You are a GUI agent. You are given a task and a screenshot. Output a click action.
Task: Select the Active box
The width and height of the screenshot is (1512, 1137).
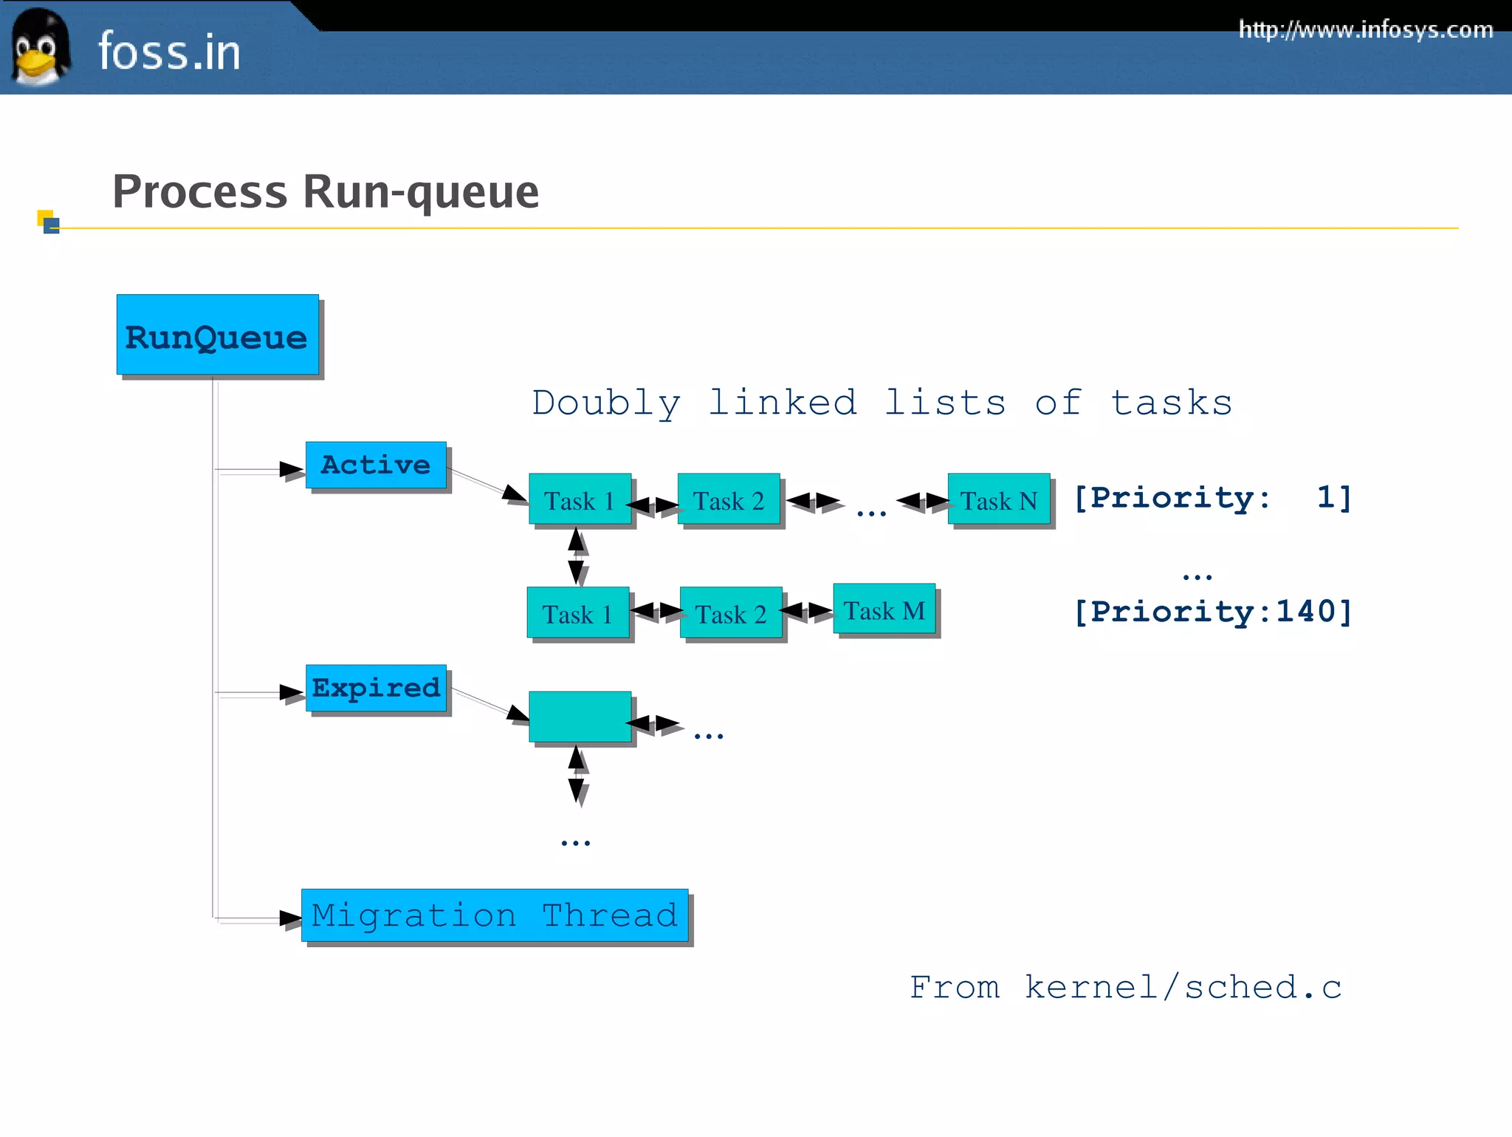[x=376, y=465]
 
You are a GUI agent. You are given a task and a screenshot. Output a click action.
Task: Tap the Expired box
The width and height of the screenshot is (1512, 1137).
[x=376, y=688]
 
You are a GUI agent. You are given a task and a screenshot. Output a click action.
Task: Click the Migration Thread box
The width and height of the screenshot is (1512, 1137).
[x=494, y=915]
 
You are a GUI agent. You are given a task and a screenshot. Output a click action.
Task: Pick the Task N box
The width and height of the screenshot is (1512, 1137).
[x=998, y=499]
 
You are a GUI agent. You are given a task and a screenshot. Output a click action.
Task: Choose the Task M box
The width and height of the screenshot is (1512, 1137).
[x=884, y=610]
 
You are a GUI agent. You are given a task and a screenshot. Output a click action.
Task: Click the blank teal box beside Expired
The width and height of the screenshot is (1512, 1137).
[x=580, y=717]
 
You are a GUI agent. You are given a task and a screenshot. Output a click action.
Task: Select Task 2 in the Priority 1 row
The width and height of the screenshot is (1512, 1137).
[x=728, y=499]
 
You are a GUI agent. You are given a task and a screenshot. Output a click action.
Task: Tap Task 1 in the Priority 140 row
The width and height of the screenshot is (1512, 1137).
[x=577, y=612]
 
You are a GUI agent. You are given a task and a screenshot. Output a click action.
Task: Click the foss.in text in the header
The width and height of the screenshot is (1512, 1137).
[x=169, y=52]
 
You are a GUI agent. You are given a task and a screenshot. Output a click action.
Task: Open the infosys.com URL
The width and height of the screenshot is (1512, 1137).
[x=1365, y=30]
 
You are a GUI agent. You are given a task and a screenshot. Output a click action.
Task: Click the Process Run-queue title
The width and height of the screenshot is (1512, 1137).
[x=326, y=191]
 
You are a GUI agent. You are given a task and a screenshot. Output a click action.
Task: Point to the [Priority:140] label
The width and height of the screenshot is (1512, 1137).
[x=1212, y=612]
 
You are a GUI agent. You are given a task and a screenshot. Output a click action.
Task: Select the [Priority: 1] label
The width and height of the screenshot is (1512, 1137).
[x=1212, y=497]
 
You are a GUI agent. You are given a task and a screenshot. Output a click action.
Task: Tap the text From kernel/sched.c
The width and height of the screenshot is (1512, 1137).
[x=1125, y=987]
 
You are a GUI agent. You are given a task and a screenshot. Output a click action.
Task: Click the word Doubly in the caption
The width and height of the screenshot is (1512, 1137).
[x=605, y=403]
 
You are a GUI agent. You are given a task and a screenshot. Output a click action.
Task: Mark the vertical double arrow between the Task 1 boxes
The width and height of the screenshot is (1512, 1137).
[x=577, y=556]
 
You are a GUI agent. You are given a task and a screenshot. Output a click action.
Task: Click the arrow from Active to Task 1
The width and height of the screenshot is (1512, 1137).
[x=487, y=485]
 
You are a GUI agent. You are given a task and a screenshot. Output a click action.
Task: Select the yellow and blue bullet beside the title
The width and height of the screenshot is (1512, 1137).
[x=49, y=222]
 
